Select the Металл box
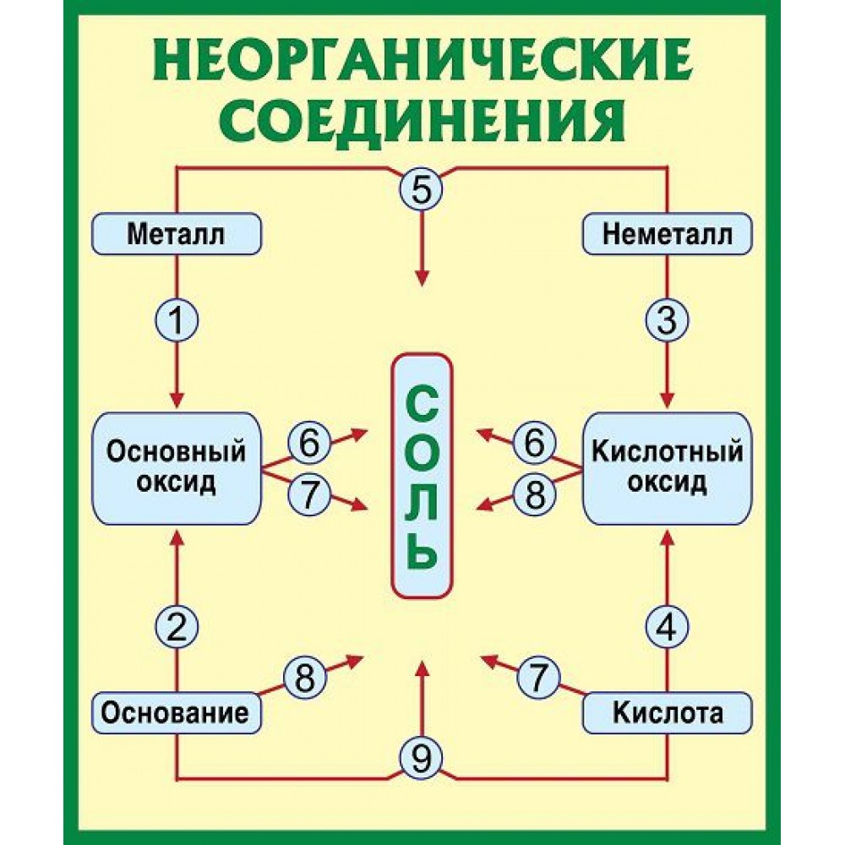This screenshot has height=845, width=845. (x=177, y=234)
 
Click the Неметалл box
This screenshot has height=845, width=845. (x=668, y=234)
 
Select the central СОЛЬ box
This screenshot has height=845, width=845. (x=422, y=474)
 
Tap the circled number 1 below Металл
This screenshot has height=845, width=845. (x=177, y=321)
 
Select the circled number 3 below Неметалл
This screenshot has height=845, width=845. (x=668, y=321)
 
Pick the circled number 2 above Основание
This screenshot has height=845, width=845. (x=177, y=627)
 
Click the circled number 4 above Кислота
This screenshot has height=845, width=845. (x=668, y=627)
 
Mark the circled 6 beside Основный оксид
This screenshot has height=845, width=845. (x=309, y=443)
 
